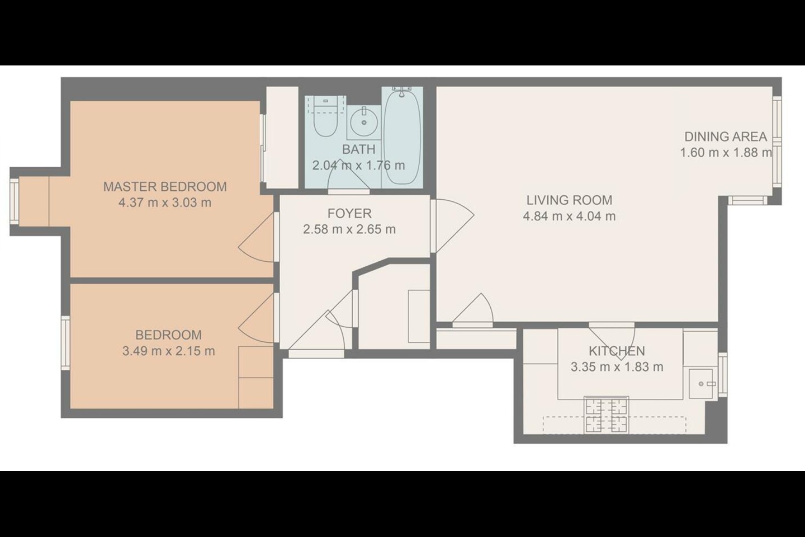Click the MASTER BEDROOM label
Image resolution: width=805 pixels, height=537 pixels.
[x=165, y=186]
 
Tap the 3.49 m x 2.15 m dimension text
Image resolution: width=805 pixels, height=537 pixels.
[x=168, y=351]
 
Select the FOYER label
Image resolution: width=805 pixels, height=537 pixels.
[x=349, y=213]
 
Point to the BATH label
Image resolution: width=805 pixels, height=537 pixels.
[x=358, y=149]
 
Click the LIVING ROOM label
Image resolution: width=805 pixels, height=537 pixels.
[x=569, y=200]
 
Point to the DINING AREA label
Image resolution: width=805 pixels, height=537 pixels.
[x=725, y=136]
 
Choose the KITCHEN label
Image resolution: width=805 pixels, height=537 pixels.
[x=617, y=351]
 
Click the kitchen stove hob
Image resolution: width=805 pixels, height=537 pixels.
[x=606, y=415]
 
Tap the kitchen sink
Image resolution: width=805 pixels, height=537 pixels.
[x=701, y=384]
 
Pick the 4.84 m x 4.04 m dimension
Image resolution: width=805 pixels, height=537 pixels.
[x=569, y=216]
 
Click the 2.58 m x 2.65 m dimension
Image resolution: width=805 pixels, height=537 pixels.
[x=349, y=229]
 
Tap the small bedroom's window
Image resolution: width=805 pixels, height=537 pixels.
[x=65, y=343]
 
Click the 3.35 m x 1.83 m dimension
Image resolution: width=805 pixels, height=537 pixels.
[x=617, y=368]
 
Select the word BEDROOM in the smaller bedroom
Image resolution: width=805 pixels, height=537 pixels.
[x=168, y=335]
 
